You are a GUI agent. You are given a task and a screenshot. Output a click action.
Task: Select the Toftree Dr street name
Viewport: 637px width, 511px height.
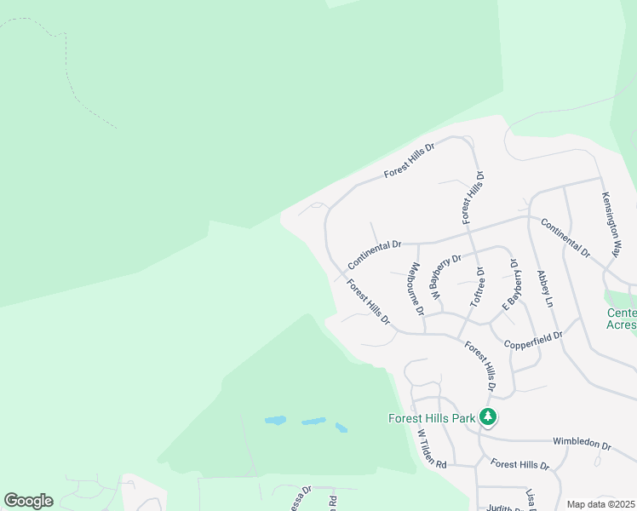pos(479,288)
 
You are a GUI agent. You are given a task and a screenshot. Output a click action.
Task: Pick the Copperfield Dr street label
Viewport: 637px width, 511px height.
pos(534,339)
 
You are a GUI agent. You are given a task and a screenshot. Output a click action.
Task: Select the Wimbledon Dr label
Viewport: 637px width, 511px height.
pos(582,444)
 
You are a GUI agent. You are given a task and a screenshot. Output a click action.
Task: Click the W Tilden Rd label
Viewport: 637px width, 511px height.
pos(432,448)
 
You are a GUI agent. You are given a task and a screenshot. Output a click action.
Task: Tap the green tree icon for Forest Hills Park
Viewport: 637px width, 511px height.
pos(488,417)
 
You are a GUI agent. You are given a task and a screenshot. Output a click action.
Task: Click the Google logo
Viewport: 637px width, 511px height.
pos(28,501)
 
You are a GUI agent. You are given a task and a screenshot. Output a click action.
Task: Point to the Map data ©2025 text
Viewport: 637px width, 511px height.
pos(601,504)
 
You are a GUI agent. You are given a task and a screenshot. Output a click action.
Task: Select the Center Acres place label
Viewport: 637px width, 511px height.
pos(623,319)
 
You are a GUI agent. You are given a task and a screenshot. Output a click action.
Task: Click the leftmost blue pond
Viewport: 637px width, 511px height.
pos(274,420)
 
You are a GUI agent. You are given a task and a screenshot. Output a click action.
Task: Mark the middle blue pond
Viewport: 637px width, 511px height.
pos(313,421)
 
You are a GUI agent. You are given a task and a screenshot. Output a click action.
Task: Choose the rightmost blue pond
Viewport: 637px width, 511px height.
pos(341,428)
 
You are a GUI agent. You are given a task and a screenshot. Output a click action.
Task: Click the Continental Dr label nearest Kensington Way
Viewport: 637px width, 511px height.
pos(565,240)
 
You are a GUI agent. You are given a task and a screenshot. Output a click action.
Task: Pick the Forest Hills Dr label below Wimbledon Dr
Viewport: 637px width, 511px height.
pos(520,465)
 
